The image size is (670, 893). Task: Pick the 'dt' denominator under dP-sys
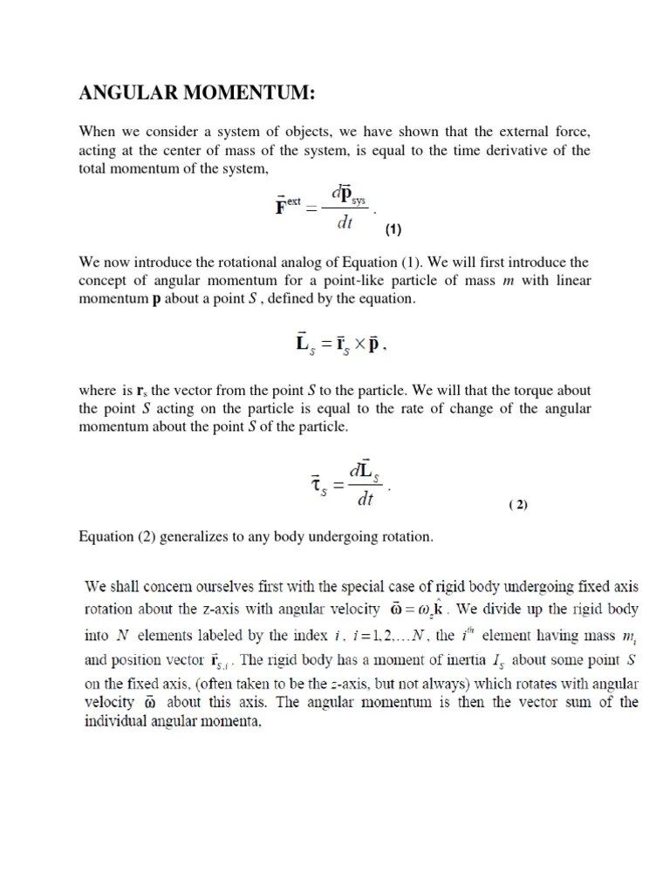pyautogui.click(x=345, y=222)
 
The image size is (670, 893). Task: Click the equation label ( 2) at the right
pyautogui.click(x=518, y=505)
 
